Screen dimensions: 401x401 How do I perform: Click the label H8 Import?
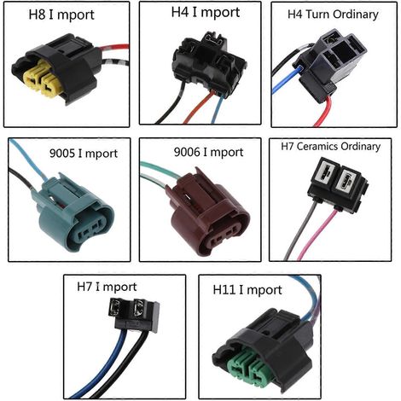(61, 15)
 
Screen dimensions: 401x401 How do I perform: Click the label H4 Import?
(206, 13)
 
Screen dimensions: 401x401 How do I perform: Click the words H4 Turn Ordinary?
(333, 15)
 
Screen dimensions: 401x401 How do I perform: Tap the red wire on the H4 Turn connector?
(325, 112)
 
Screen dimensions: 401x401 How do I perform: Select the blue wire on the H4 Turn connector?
(284, 80)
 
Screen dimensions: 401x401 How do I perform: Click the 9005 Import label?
(84, 154)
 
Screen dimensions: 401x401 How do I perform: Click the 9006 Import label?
(208, 153)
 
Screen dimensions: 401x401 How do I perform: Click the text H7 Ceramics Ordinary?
(331, 147)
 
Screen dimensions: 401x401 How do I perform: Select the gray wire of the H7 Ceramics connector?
(301, 230)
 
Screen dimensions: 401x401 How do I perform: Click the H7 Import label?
(107, 287)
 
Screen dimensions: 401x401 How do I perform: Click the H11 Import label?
(247, 290)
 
